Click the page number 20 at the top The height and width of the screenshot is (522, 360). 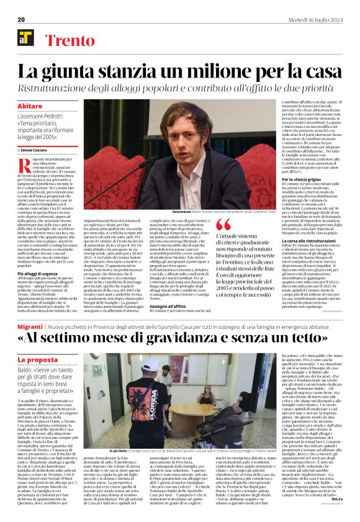pos(20,20)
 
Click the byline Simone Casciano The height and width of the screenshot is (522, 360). pos(37,150)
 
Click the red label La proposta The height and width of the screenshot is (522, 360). pos(37,359)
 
